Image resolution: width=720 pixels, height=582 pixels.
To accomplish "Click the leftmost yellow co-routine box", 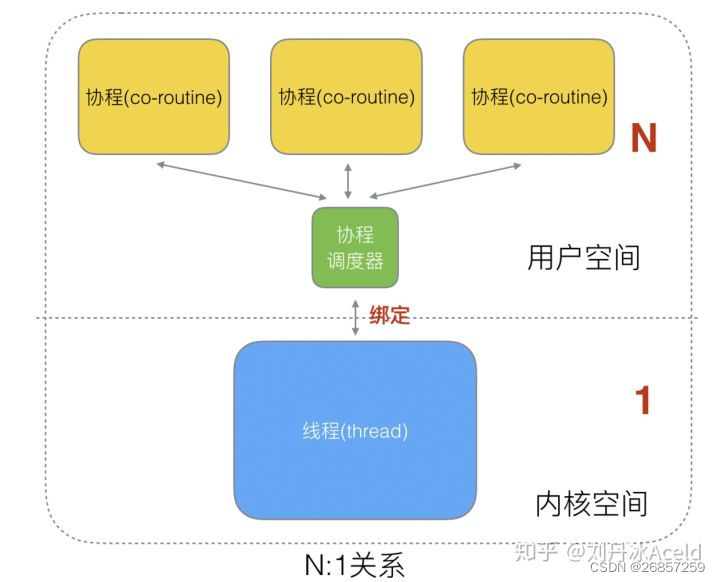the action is point(154,96).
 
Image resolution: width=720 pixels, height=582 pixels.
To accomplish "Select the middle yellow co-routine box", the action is point(346,96).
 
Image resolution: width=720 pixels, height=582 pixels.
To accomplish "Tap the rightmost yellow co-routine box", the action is point(539,96).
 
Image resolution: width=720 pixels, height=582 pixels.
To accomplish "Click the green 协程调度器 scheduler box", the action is point(355,248).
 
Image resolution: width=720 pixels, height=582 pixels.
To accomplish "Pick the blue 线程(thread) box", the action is point(355,430).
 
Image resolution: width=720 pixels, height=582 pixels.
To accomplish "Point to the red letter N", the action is point(644,138).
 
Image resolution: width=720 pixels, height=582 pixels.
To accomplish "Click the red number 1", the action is point(643,400).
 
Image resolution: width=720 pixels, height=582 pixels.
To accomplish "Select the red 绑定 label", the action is point(389,315).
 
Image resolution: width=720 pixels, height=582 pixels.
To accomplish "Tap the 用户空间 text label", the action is point(584,258).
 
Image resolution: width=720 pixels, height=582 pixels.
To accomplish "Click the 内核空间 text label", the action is point(592,504).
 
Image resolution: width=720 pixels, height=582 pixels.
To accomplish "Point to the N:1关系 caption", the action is point(354,565).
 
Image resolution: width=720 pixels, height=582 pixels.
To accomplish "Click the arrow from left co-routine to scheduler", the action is point(242,181).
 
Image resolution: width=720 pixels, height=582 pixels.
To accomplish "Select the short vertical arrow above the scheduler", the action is point(348,181).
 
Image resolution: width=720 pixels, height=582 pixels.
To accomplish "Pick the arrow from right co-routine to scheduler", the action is point(445,181).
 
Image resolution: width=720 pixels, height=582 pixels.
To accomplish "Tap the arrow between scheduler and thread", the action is point(355,317).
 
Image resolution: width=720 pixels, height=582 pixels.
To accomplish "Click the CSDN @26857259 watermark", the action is point(647,568).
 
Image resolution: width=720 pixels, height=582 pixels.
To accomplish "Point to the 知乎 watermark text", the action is point(536,551).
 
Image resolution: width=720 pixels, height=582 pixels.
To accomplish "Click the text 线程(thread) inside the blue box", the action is point(355,431).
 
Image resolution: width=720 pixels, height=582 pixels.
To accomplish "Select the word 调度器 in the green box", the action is point(355,261).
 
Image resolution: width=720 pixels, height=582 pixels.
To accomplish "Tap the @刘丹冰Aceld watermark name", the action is point(634,552).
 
